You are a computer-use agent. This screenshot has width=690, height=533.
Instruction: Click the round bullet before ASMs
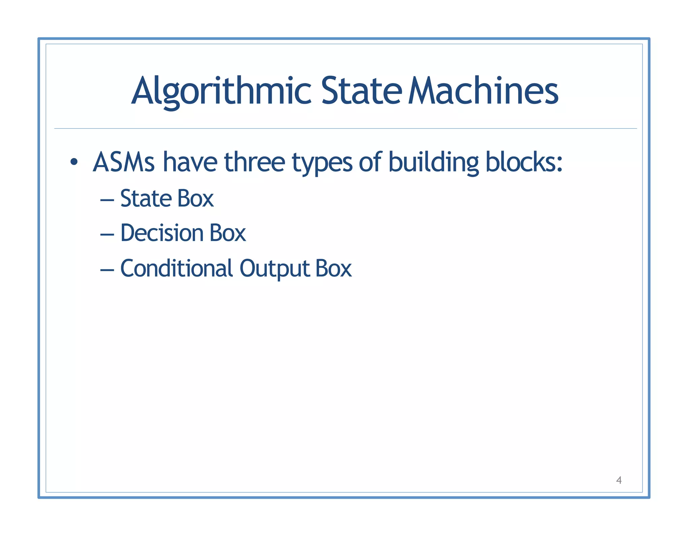(74, 162)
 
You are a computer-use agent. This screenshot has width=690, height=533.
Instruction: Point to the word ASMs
(124, 162)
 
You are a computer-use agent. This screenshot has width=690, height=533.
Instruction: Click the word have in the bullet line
(190, 162)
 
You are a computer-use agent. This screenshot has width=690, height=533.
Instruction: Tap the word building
(433, 162)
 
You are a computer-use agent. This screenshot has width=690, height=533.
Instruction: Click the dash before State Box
(107, 200)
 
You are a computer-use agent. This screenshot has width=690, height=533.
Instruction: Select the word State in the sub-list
(146, 198)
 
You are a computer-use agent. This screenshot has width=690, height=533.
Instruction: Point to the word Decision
(162, 233)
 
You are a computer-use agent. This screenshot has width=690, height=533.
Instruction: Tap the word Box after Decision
(228, 233)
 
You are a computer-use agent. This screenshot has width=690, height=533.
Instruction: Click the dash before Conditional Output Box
(107, 270)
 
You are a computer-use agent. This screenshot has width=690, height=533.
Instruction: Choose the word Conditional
(177, 269)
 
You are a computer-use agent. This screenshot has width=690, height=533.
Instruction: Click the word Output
(275, 269)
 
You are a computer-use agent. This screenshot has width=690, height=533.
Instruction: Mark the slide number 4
(619, 480)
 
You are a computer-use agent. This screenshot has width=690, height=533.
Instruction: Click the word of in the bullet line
(370, 162)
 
